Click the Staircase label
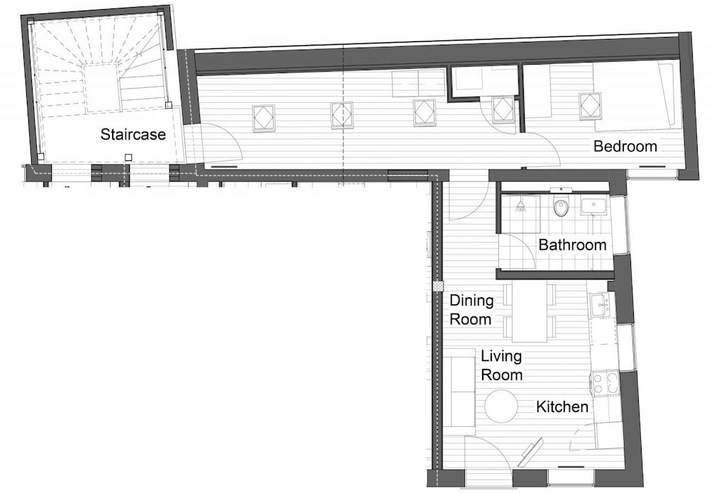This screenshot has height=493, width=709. [x=133, y=134]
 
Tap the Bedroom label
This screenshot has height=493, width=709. [x=625, y=147]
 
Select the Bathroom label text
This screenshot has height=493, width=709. [x=572, y=245]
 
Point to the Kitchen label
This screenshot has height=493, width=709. [x=562, y=407]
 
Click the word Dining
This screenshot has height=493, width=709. [x=471, y=300]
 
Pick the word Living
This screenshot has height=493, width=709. [x=501, y=356]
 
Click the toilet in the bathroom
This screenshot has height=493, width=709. [x=561, y=207]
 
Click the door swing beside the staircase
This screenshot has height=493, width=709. [x=220, y=143]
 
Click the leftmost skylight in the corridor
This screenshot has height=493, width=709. [x=264, y=117]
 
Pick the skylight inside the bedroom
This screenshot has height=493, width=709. [x=590, y=106]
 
